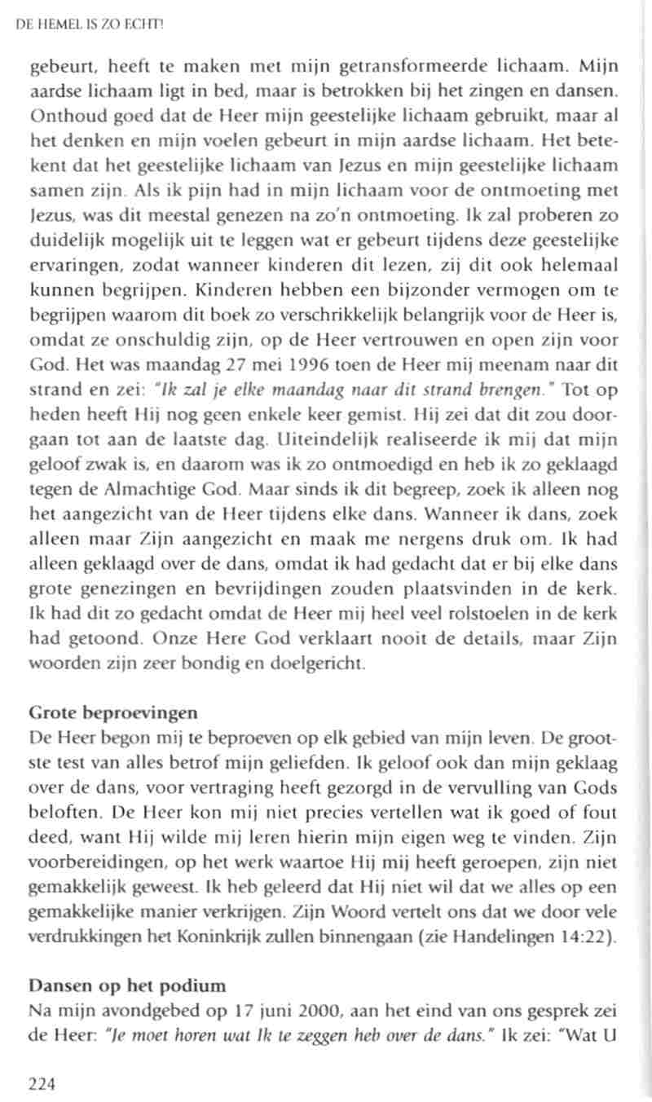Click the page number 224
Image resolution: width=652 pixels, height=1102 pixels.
pyautogui.click(x=45, y=1082)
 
